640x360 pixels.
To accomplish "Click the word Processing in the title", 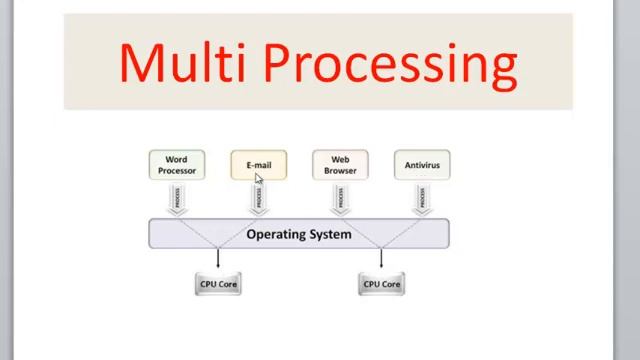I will pyautogui.click(x=391, y=62).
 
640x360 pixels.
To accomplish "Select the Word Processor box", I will pyautogui.click(x=177, y=165).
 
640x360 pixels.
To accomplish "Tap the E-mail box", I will pyautogui.click(x=259, y=165).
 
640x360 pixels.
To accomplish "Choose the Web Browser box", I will pyautogui.click(x=340, y=165).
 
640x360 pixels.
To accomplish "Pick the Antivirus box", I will pyautogui.click(x=421, y=165).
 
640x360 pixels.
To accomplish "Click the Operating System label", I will pyautogui.click(x=298, y=234).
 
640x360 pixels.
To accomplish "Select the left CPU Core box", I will pyautogui.click(x=218, y=284).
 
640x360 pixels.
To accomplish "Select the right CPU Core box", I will pyautogui.click(x=381, y=284).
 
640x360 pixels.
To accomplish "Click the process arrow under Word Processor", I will pyautogui.click(x=177, y=201).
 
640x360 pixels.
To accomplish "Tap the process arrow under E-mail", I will pyautogui.click(x=259, y=201).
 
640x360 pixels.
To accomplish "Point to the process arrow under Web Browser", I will pyautogui.click(x=340, y=201).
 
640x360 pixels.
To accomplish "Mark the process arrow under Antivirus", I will pyautogui.click(x=421, y=201).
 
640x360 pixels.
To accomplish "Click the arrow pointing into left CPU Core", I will pyautogui.click(x=218, y=260).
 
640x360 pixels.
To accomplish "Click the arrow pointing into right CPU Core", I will pyautogui.click(x=381, y=260).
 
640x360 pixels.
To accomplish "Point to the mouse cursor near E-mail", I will pyautogui.click(x=259, y=179).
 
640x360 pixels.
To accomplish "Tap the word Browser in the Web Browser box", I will pyautogui.click(x=340, y=171).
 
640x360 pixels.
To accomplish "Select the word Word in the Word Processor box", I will pyautogui.click(x=177, y=159).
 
